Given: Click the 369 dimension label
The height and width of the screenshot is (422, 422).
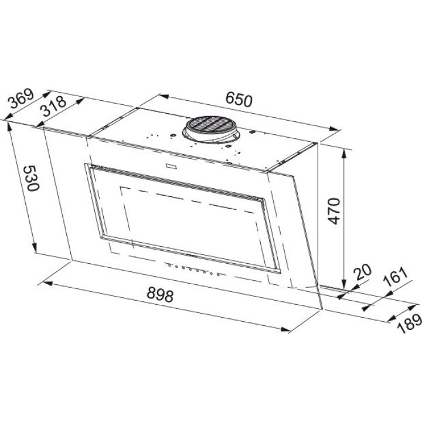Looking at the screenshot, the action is point(21,98).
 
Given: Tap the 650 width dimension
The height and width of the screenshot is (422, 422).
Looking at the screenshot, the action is point(239,99).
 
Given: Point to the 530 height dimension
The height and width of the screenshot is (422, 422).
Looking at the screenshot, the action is point(31,178).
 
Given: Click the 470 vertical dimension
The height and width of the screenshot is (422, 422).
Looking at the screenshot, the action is point(334,211).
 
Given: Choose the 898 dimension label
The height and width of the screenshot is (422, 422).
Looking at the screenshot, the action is point(161,294).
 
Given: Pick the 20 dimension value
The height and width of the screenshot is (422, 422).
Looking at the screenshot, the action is point(362,273).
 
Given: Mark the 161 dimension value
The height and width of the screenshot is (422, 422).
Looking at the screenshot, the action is point(396,277).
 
